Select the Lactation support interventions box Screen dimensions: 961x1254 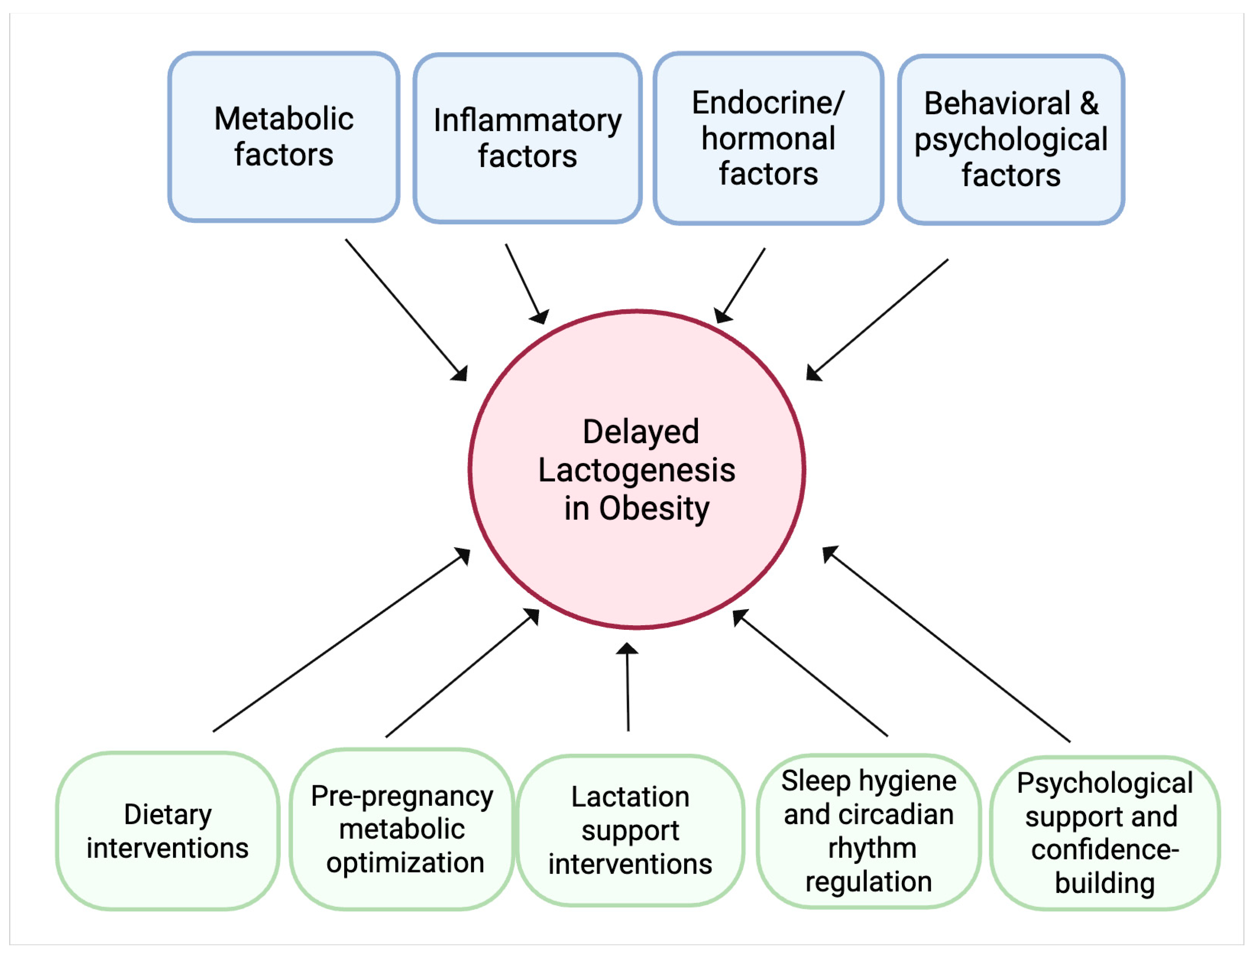coord(630,830)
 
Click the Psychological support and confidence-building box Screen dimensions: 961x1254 coord(1104,833)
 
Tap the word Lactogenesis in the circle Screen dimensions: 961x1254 coord(637,470)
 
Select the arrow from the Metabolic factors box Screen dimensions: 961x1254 coord(406,309)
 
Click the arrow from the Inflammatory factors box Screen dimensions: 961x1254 coord(526,283)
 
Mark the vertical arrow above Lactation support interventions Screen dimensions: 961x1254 coord(627,687)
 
